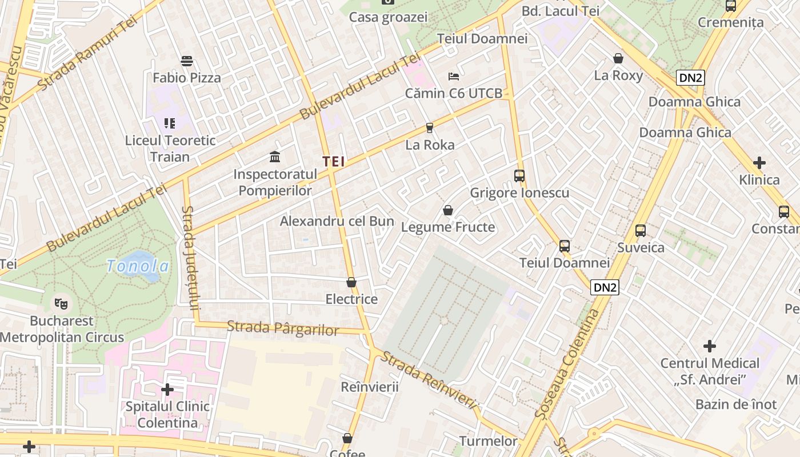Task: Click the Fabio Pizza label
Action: (187, 78)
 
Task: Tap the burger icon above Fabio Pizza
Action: (187, 61)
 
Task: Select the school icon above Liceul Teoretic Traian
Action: (170, 123)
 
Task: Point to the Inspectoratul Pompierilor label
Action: (275, 182)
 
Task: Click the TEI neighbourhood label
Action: (334, 162)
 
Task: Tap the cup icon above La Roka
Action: (430, 128)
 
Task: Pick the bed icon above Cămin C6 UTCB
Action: (454, 76)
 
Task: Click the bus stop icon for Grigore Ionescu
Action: (519, 176)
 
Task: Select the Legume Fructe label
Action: (448, 227)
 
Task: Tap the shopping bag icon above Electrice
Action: (351, 282)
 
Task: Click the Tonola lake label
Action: (138, 266)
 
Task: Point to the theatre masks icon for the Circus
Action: (61, 303)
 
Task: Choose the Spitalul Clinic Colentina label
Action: (167, 415)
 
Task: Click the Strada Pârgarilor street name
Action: (282, 328)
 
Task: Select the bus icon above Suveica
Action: (641, 231)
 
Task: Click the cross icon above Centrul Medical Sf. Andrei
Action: (710, 346)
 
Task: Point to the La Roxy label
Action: (618, 75)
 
